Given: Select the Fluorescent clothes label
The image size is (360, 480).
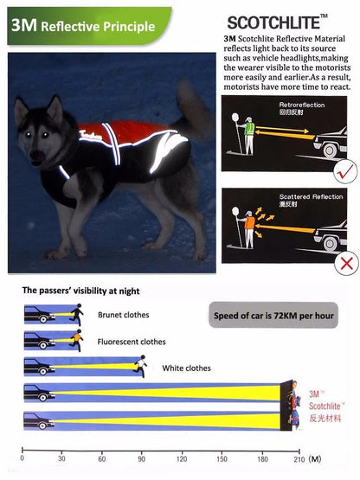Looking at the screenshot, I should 132,342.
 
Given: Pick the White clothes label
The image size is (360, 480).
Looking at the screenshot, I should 186,368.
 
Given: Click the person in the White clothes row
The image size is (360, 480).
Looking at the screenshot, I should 138,368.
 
